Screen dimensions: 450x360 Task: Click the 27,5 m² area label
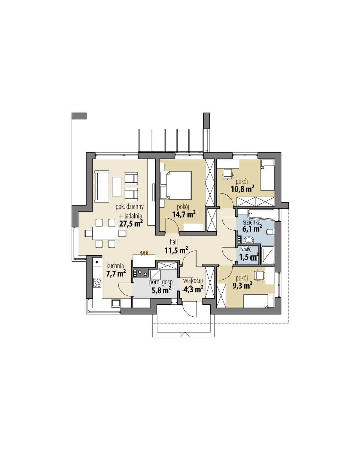131,224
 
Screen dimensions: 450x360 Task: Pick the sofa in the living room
101,186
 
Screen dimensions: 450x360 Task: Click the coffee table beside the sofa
117,186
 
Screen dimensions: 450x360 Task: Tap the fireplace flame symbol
144,253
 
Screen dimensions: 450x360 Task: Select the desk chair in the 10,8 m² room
228,173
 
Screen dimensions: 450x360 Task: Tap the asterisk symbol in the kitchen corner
97,262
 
